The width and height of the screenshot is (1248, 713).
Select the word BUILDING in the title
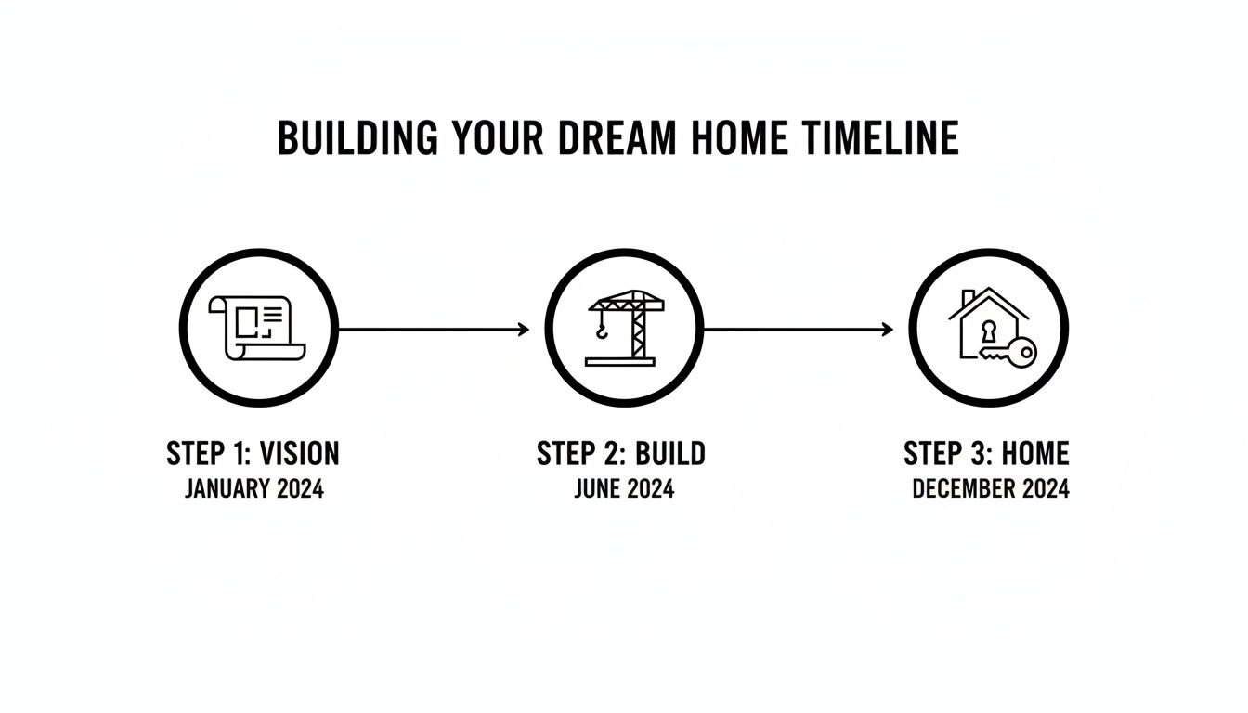click(357, 138)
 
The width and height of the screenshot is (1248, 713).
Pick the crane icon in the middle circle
click(625, 328)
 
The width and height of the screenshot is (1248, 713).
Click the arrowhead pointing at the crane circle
click(525, 329)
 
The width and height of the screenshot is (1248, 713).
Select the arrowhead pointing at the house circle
click(889, 329)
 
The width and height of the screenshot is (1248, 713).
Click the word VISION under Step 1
click(300, 454)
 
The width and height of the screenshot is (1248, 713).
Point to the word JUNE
click(596, 488)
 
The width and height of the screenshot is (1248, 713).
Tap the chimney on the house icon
click(967, 300)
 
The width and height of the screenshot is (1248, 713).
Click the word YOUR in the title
click(496, 138)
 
